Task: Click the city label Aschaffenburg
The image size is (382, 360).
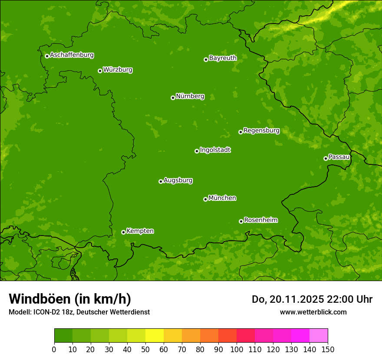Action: [72, 55]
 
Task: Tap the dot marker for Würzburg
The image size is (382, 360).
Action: [100, 71]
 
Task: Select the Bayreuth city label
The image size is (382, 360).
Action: [223, 58]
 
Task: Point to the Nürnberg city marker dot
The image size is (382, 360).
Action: [173, 98]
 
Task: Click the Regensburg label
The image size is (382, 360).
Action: [261, 130]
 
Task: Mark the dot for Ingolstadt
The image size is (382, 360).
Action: [197, 151]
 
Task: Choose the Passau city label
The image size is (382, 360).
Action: [339, 157]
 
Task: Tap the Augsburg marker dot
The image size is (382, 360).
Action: [161, 181]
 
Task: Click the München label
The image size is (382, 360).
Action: [222, 198]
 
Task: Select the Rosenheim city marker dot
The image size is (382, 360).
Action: [241, 221]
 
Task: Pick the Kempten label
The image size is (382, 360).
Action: [140, 231]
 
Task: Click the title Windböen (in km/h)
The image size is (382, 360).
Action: [70, 299]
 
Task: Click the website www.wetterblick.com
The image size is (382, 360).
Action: [313, 312]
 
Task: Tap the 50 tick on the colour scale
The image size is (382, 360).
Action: [145, 349]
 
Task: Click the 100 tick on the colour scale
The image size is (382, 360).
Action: [237, 349]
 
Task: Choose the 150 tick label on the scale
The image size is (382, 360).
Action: [328, 349]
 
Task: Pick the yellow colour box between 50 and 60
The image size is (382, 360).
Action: [155, 336]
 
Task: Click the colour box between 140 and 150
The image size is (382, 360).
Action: [319, 336]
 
